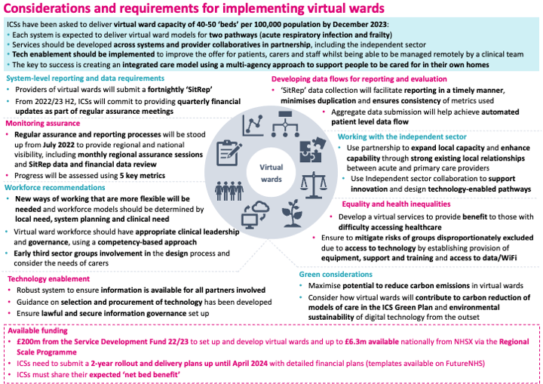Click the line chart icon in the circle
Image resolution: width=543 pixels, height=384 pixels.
click(x=253, y=124)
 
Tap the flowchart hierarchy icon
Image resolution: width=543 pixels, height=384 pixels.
click(x=285, y=124)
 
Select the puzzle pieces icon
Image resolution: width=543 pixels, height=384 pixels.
click(x=312, y=149)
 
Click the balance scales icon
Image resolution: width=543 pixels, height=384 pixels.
click(x=314, y=186)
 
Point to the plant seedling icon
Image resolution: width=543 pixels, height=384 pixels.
click(x=292, y=214)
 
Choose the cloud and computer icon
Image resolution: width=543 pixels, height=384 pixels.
click(x=256, y=216)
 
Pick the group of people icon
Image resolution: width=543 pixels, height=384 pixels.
click(x=229, y=191)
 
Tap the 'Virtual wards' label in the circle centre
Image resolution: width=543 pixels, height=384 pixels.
click(x=271, y=173)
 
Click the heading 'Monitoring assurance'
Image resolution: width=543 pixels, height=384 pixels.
click(x=42, y=124)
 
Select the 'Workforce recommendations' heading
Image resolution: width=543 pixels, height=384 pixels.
click(x=55, y=188)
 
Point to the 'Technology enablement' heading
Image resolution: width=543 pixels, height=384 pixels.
click(x=48, y=279)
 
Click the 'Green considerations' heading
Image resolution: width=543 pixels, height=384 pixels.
click(x=336, y=275)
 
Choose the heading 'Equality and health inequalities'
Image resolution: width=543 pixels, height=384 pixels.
click(x=396, y=204)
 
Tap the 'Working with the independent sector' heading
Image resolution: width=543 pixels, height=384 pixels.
click(x=402, y=137)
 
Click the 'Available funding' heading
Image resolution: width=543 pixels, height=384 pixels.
click(x=38, y=330)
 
